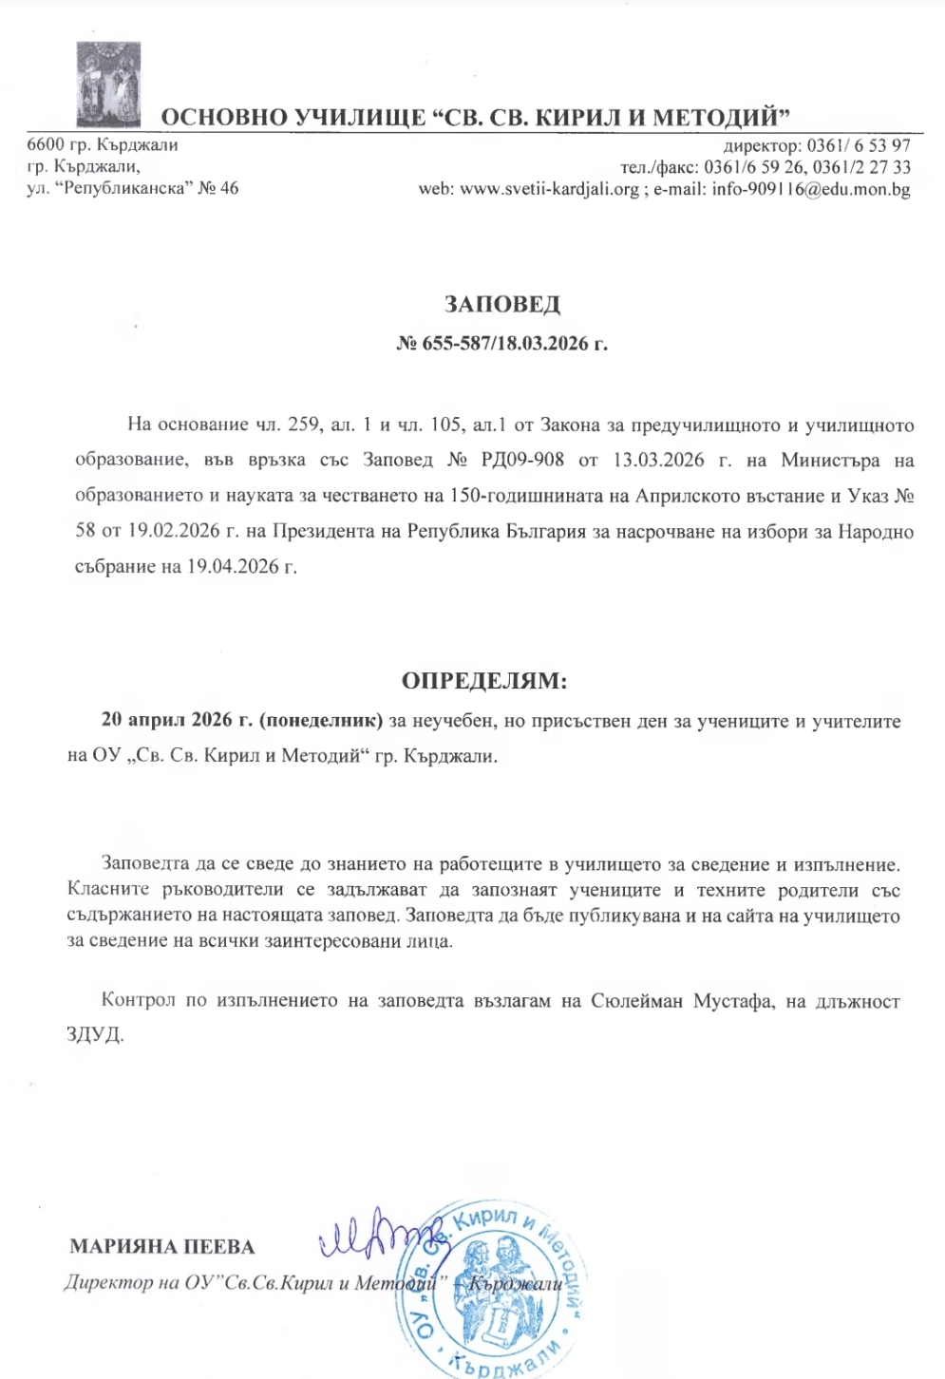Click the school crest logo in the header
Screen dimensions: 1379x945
[x=108, y=85]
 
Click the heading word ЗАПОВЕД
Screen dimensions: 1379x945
[x=502, y=304]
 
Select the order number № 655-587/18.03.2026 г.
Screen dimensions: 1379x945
[x=501, y=343]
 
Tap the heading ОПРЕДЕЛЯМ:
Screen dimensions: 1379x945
[x=484, y=681]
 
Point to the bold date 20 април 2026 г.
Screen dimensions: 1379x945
[x=177, y=721]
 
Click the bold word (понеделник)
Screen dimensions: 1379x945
[x=321, y=721]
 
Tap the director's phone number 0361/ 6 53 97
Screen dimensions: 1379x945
[x=859, y=146]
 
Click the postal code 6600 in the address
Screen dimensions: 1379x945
[x=44, y=145]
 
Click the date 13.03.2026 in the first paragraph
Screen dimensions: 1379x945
[x=658, y=461]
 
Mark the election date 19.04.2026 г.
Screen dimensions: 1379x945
[x=241, y=567]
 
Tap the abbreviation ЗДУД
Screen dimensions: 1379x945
[x=95, y=1033]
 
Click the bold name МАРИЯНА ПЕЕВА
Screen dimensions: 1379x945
[x=162, y=1247]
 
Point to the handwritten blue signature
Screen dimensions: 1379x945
[x=375, y=1233]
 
